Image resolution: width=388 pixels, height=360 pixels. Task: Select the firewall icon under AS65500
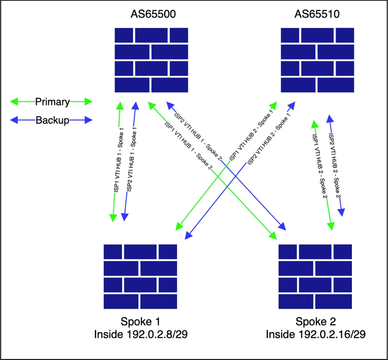pyautogui.click(x=151, y=60)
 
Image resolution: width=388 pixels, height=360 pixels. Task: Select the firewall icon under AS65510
pyautogui.click(x=317, y=60)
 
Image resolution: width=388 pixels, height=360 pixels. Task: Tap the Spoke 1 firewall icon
pyautogui.click(x=140, y=276)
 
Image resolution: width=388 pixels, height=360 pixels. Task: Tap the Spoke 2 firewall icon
pyautogui.click(x=315, y=276)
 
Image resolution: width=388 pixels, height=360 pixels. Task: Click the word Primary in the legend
pyautogui.click(x=52, y=102)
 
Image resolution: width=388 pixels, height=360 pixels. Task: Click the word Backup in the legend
pyautogui.click(x=52, y=120)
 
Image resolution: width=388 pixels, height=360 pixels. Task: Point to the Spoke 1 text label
pyautogui.click(x=141, y=322)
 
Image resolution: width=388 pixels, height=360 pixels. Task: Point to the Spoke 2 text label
pyautogui.click(x=315, y=322)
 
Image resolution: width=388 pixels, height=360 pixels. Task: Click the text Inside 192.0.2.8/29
pyautogui.click(x=141, y=334)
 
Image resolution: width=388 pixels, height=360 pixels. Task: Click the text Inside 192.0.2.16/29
pyautogui.click(x=315, y=334)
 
